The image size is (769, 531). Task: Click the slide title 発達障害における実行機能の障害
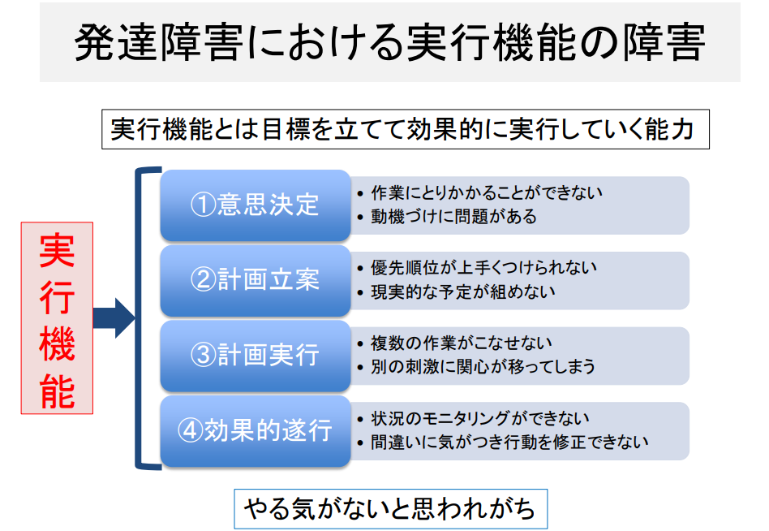390,42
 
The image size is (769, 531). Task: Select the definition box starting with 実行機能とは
406,129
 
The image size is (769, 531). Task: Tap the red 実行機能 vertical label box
57,318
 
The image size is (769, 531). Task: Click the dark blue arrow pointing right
114,318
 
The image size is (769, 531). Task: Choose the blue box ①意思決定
256,205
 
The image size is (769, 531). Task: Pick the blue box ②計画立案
256,280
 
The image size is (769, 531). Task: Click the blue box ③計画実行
256,356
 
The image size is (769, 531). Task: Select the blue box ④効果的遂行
256,431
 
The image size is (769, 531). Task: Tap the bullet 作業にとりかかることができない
487,193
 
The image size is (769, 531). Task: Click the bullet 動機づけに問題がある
453,217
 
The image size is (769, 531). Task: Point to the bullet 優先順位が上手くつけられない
483,267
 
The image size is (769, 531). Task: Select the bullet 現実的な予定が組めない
463,292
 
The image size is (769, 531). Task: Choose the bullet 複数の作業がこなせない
462,343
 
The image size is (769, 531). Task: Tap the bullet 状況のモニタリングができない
480,418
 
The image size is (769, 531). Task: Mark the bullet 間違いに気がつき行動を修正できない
509,442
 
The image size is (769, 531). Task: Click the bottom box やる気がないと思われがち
390,509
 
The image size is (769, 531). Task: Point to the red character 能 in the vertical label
58,391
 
